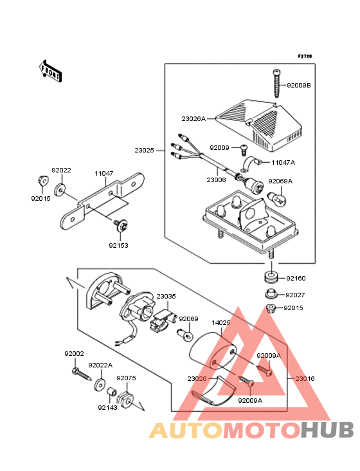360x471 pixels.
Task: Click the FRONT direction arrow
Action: (x=50, y=71)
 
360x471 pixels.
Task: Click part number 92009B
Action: (x=298, y=86)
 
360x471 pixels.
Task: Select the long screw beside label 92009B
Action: (x=276, y=83)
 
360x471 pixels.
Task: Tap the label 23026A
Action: (x=194, y=119)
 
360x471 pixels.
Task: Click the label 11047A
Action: (x=283, y=163)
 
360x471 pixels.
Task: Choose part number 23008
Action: (x=216, y=180)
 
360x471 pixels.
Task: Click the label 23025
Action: (x=144, y=150)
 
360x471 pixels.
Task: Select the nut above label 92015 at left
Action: (x=42, y=181)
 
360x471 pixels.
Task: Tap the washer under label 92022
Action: (x=60, y=190)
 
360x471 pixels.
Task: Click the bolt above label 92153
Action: (x=122, y=225)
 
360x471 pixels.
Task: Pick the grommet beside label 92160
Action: (x=271, y=277)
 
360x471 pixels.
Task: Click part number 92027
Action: (x=295, y=295)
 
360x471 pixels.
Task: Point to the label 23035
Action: (x=166, y=297)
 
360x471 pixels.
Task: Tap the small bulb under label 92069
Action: (x=185, y=335)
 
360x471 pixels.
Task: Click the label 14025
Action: (x=221, y=323)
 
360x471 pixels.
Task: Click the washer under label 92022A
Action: (x=100, y=385)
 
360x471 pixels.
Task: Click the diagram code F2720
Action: (x=305, y=56)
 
